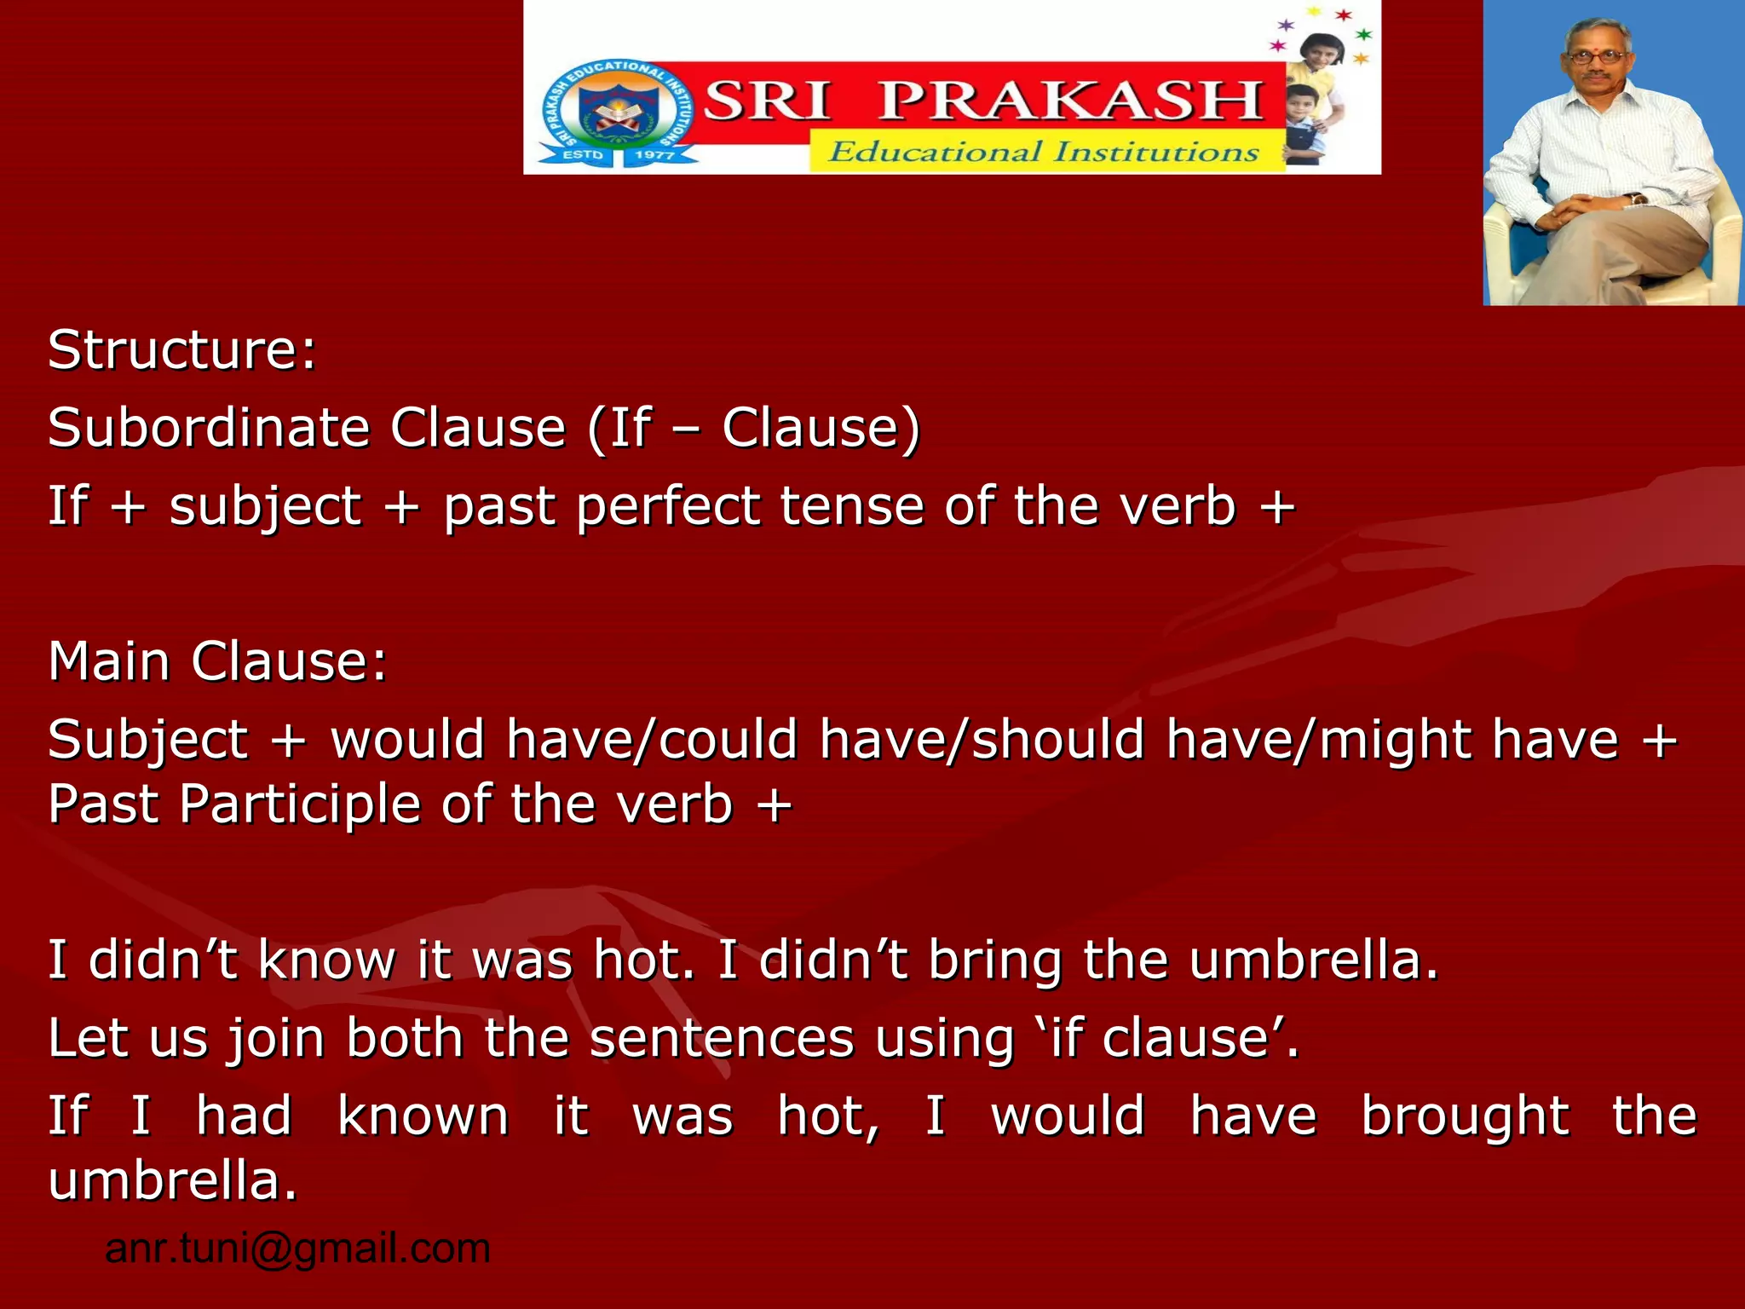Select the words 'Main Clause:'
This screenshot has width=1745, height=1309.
click(x=217, y=661)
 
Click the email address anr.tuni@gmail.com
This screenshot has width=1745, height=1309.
click(x=297, y=1248)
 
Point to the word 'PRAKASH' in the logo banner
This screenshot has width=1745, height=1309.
click(x=1070, y=101)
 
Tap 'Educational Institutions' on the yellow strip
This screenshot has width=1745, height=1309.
click(x=1044, y=153)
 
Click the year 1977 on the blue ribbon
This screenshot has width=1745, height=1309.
click(x=654, y=155)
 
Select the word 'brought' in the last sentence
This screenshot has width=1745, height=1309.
click(x=1465, y=1116)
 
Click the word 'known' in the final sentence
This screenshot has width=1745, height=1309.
click(x=423, y=1116)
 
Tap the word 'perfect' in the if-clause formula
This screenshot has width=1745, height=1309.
click(x=668, y=506)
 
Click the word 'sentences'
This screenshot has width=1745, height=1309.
click(x=722, y=1039)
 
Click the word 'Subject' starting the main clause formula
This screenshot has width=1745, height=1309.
click(x=147, y=739)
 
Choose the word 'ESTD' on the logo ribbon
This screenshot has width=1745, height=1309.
click(x=583, y=155)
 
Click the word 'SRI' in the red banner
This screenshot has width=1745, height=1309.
click(x=766, y=101)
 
